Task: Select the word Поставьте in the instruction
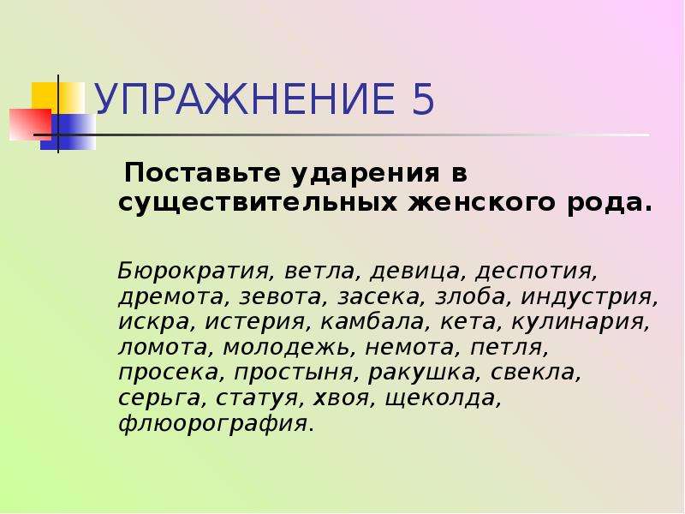pos(202,173)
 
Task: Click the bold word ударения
pos(366,174)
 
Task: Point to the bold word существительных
pos(258,203)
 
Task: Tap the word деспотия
pos(536,272)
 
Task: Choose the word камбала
pos(372,322)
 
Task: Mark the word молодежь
pos(287,349)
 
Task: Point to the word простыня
pos(294,374)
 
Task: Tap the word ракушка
pos(421,374)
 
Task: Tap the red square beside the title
pos(30,124)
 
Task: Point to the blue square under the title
pos(68,132)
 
